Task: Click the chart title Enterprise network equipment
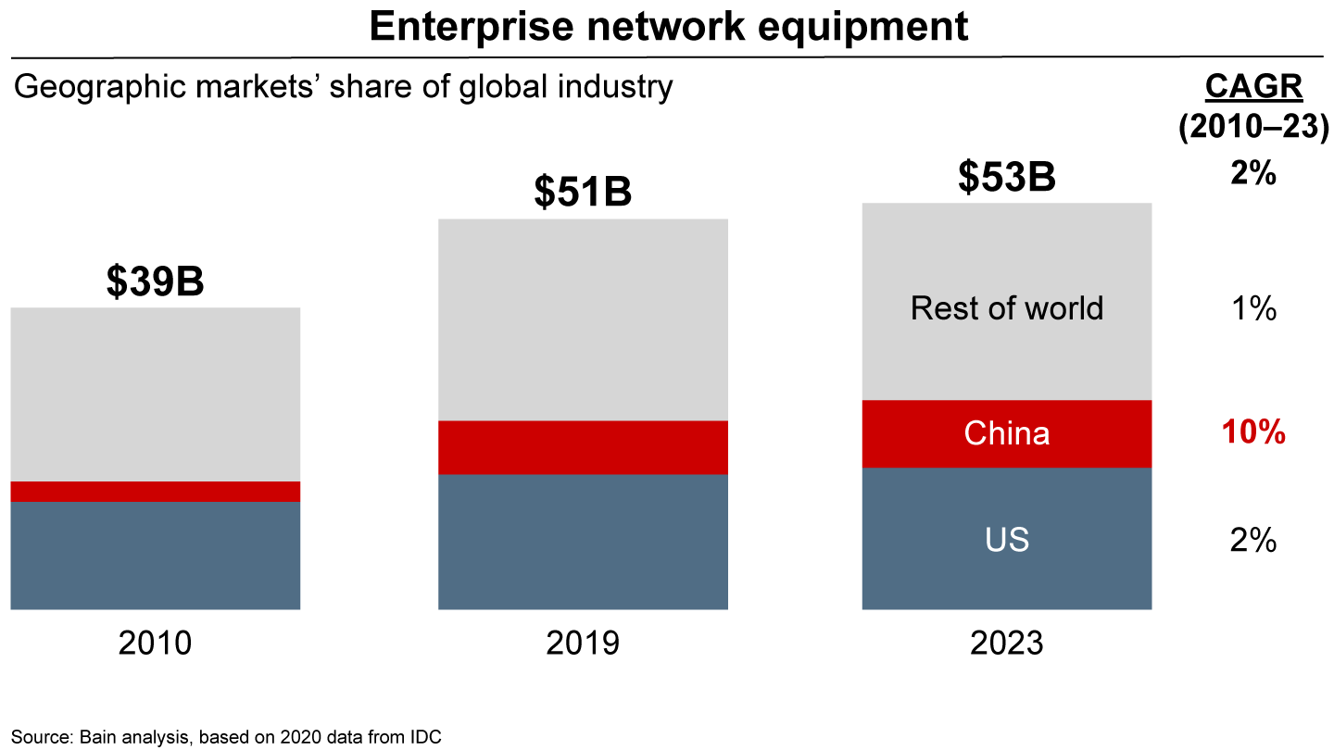pos(668,27)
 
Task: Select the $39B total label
pos(155,283)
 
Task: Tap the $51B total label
pos(583,193)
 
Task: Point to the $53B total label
pos(1007,177)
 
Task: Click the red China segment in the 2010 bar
pos(155,492)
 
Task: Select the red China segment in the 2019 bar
pos(583,447)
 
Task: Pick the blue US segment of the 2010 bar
pos(155,556)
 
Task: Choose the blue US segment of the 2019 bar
pos(583,542)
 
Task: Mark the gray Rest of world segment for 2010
pos(155,394)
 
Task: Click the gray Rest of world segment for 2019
pos(583,319)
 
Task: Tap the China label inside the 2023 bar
pos(1007,433)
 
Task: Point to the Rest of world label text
pos(1007,308)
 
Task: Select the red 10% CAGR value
pos(1253,432)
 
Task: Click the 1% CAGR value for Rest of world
pos(1253,309)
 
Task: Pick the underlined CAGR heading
pos(1253,87)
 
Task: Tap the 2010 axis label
pos(155,643)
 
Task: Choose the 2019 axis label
pos(583,643)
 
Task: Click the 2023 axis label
pos(1007,643)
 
